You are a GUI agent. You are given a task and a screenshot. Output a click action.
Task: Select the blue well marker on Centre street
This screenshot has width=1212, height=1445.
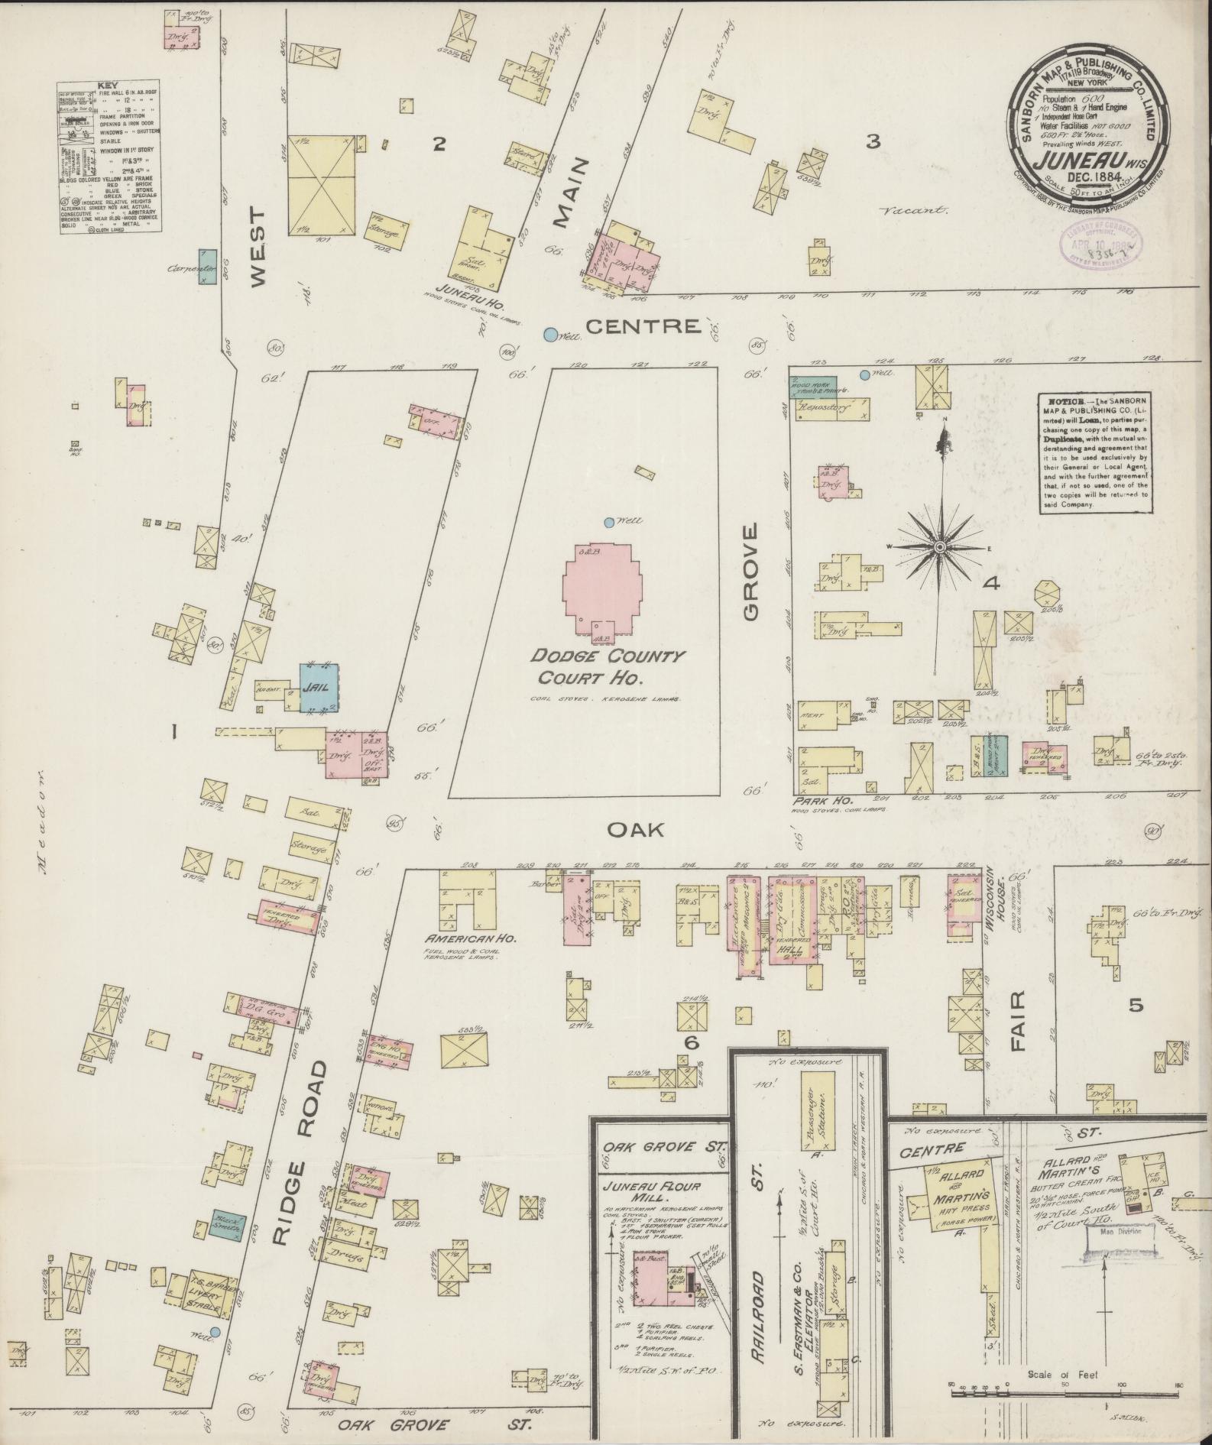[x=549, y=333]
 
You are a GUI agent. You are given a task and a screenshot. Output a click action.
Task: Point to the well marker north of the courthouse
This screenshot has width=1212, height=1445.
[x=608, y=523]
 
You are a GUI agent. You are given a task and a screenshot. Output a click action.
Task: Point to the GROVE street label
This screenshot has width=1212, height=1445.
[x=750, y=573]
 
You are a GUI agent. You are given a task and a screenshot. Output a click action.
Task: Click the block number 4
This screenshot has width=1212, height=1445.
[x=992, y=585]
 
